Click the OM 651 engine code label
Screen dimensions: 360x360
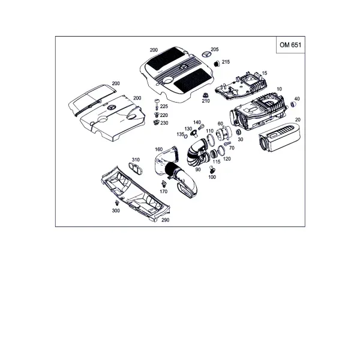(290, 45)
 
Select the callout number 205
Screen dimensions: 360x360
(215, 49)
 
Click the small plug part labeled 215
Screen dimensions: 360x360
(217, 64)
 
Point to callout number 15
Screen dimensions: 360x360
(265, 73)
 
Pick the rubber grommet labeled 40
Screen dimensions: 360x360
(293, 104)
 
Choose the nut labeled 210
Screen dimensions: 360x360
(205, 95)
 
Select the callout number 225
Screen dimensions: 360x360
(164, 106)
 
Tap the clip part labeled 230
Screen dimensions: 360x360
(156, 122)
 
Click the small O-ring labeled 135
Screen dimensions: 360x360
(186, 136)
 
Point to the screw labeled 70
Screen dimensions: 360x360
(227, 143)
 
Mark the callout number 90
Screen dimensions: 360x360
(197, 169)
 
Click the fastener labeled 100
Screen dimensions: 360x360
(211, 169)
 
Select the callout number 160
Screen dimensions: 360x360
(158, 149)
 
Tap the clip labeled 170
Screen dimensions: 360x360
(164, 184)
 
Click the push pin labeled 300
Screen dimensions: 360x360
(118, 203)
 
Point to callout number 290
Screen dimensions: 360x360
(166, 220)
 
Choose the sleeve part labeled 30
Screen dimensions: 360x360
(239, 132)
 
